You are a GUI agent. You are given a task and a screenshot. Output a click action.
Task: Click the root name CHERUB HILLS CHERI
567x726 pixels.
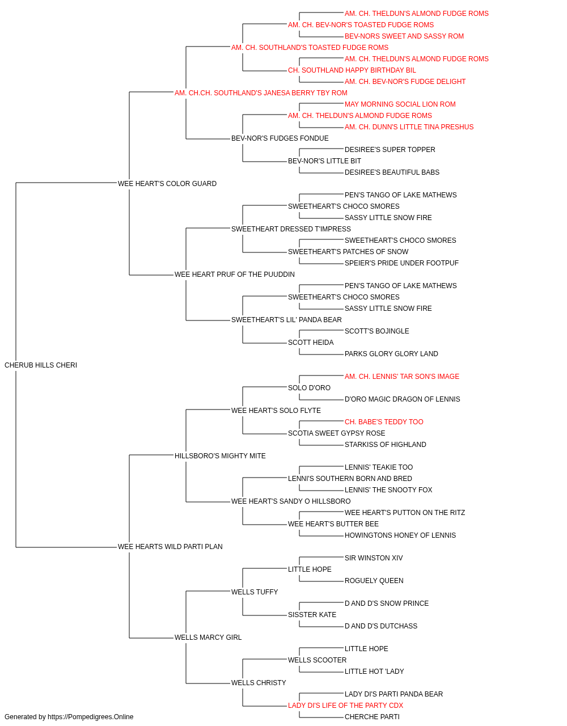tap(41, 365)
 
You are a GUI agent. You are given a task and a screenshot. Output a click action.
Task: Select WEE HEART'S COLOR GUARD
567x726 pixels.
tap(167, 183)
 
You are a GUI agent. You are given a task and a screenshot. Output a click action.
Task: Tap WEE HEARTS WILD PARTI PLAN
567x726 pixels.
tap(170, 547)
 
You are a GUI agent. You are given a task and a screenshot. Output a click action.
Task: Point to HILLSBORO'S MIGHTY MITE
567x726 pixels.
tap(220, 455)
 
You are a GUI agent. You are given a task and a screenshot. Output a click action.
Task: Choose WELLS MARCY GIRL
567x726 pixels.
tap(208, 638)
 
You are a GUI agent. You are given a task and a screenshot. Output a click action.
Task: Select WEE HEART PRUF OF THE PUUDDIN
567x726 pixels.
tap(235, 275)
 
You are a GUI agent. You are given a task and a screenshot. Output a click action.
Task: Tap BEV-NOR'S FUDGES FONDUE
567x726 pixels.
tap(280, 138)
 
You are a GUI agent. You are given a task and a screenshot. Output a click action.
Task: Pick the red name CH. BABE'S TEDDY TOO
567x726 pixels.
tap(384, 421)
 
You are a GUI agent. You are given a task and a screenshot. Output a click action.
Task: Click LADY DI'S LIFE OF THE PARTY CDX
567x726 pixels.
tap(346, 705)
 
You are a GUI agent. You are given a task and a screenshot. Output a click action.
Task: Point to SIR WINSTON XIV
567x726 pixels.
tap(374, 558)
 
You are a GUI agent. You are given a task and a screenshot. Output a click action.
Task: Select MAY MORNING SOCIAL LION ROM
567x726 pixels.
tap(400, 104)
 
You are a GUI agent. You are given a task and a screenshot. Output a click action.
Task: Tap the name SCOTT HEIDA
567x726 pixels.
tap(311, 343)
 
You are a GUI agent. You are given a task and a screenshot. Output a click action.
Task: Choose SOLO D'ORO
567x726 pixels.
tap(309, 388)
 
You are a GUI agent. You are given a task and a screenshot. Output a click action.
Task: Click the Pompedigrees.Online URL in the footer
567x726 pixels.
tap(91, 717)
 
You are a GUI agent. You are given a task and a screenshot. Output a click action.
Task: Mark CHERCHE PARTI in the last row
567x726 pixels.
tap(372, 717)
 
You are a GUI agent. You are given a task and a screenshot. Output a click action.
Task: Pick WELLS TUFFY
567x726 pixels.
tap(255, 592)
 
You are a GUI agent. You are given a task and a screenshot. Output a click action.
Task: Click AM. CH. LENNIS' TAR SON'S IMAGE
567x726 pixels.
tap(402, 377)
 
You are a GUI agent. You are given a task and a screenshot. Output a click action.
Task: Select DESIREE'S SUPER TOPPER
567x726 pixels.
tap(390, 150)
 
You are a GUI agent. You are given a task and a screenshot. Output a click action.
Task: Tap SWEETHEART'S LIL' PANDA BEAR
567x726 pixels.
tap(286, 320)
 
